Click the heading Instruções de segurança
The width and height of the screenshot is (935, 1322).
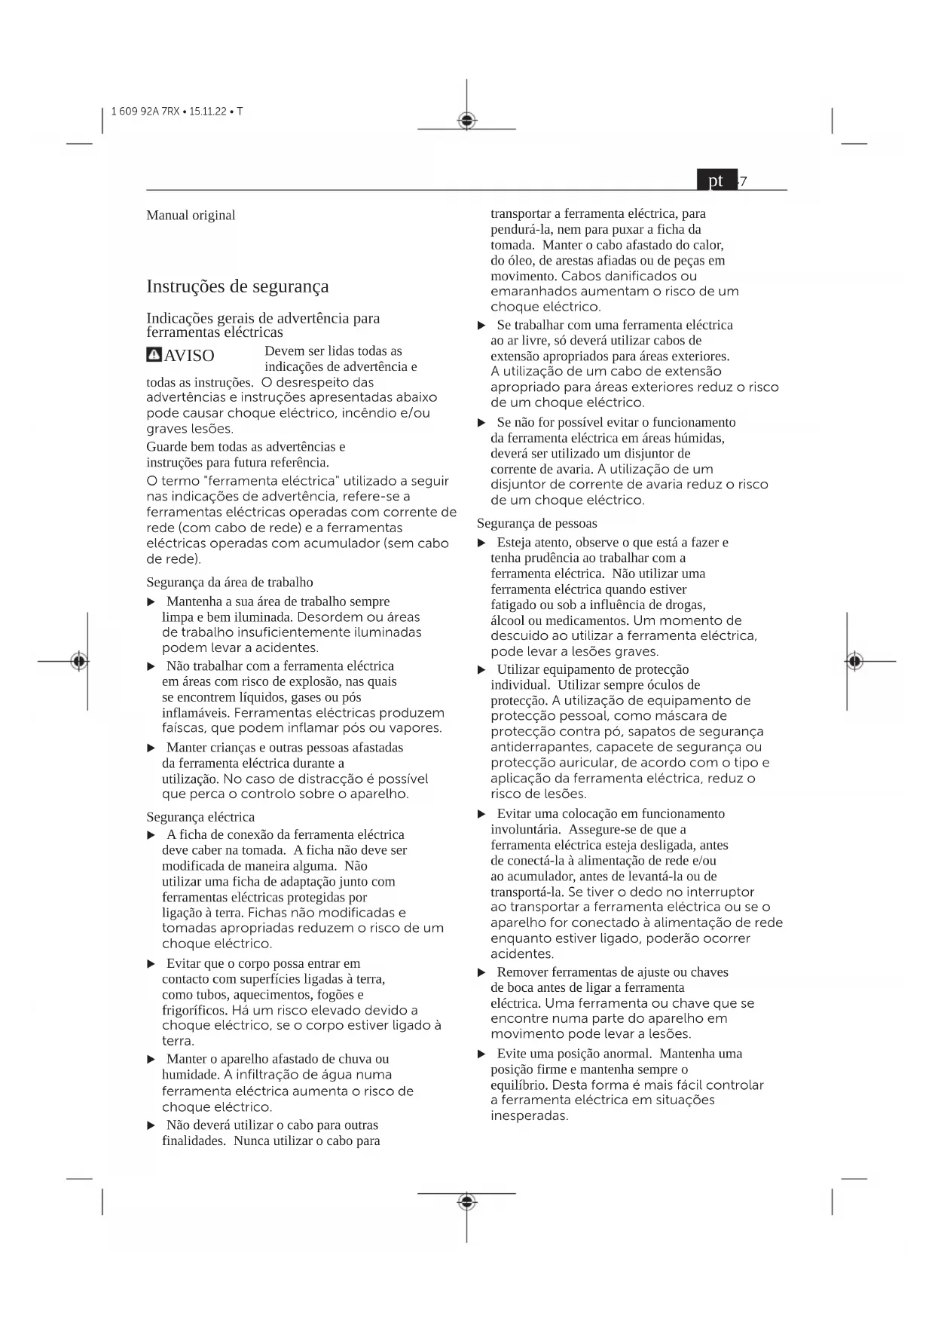coord(237,286)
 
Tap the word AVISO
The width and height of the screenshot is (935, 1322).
coord(189,356)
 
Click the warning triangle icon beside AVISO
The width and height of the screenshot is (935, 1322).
coord(154,355)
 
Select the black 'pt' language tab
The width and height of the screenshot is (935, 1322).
coord(717,181)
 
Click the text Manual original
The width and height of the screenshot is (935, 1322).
coord(191,216)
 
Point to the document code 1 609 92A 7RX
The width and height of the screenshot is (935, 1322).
coord(145,112)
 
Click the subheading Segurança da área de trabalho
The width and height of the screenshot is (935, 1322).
coord(230,583)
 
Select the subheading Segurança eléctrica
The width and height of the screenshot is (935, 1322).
coord(200,817)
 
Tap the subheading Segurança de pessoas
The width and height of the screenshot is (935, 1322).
coord(537,524)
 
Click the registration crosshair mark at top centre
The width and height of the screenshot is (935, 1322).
coord(467,121)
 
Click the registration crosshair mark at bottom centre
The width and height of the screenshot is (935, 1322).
coord(467,1201)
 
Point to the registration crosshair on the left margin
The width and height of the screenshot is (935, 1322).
coord(79,661)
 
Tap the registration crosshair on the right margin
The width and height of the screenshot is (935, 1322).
coord(854,661)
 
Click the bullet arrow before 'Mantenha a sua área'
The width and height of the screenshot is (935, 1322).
coord(151,602)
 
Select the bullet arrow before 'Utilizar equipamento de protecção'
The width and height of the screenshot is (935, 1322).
coord(482,670)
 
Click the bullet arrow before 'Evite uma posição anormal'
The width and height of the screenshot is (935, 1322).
coord(482,1054)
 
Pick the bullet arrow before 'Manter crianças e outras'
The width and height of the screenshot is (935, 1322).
coord(151,748)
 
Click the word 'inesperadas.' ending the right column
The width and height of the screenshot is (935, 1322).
coord(530,1116)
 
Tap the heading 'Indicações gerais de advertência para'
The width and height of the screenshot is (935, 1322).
coord(263,318)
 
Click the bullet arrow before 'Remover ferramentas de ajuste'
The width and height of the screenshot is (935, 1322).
coord(482,973)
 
